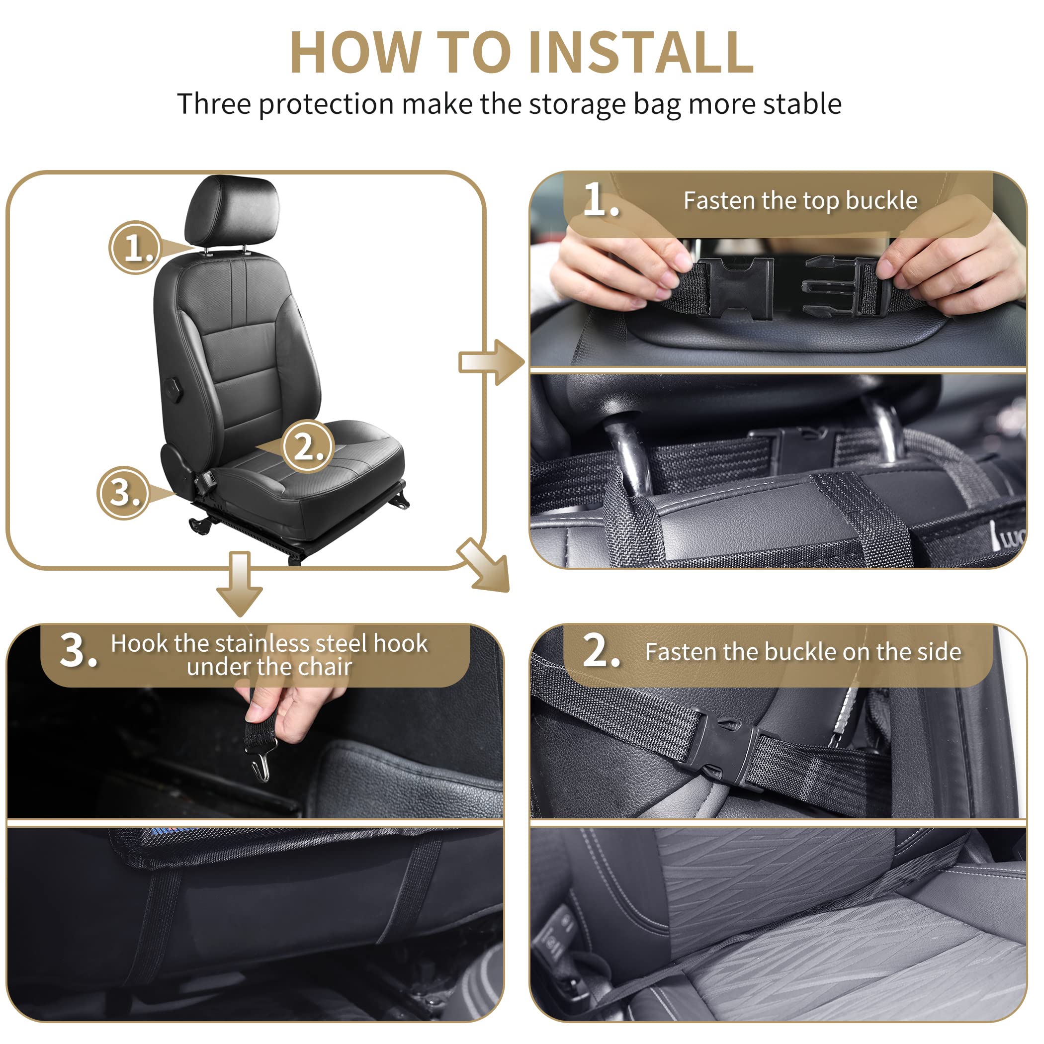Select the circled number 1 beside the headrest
coord(135,248)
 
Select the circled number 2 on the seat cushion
coord(308,446)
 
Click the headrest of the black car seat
coord(233,211)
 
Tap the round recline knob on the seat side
coord(174,390)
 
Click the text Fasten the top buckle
coord(800,200)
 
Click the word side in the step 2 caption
coord(941,652)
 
